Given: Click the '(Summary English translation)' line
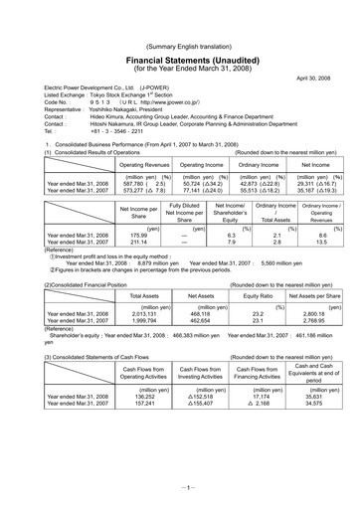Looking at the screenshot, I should (x=180, y=19).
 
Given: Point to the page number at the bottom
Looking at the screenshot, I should (x=180, y=488).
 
